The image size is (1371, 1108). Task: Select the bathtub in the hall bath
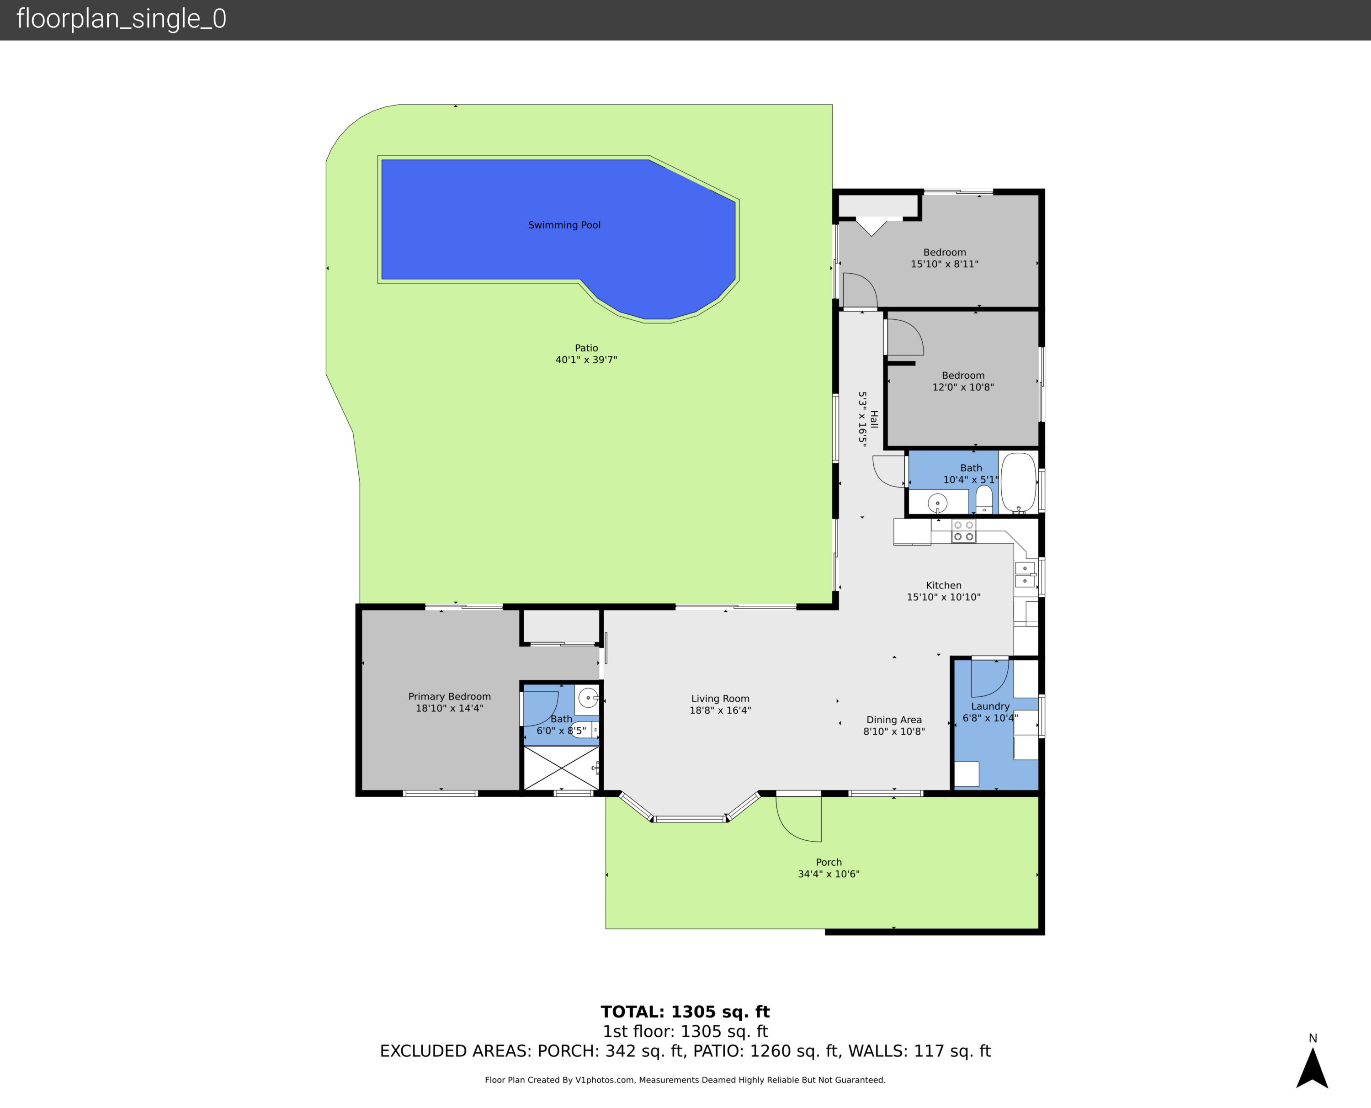tap(1018, 482)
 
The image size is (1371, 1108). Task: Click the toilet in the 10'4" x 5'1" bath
tap(984, 500)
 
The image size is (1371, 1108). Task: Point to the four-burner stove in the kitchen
tap(963, 530)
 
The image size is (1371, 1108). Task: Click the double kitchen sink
tap(1025, 574)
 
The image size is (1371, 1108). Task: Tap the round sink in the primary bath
tap(587, 698)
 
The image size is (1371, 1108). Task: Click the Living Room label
tap(720, 698)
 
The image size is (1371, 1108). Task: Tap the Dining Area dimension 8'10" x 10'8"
tap(893, 732)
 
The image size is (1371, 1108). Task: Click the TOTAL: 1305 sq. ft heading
tap(685, 1012)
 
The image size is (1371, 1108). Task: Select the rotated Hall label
tap(874, 419)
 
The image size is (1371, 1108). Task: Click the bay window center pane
tap(689, 819)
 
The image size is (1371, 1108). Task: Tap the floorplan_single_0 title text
tap(121, 19)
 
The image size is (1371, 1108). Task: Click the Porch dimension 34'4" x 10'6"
tap(829, 874)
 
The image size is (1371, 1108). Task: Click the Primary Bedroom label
tap(449, 696)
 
